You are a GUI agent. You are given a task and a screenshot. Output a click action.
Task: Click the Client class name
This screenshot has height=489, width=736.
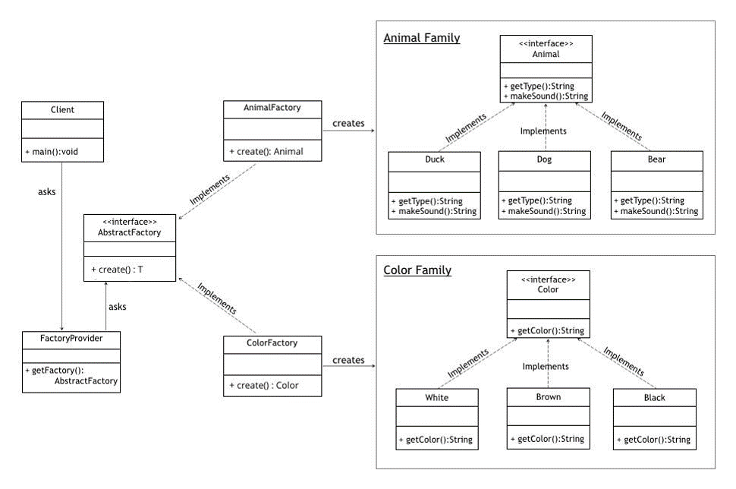click(x=61, y=110)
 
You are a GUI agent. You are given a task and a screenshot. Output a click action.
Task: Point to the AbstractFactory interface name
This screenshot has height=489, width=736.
click(x=130, y=232)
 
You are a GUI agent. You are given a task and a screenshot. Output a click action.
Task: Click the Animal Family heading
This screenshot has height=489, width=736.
click(x=422, y=38)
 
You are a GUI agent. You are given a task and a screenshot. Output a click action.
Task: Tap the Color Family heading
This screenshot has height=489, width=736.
click(x=417, y=270)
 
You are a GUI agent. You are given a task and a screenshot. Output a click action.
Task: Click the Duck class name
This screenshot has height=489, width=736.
click(x=434, y=160)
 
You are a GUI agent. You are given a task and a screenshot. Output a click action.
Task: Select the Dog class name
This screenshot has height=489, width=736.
click(x=544, y=160)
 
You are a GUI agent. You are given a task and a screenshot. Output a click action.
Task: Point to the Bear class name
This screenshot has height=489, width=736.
click(x=656, y=160)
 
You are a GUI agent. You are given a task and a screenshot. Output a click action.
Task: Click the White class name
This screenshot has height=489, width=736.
click(x=437, y=398)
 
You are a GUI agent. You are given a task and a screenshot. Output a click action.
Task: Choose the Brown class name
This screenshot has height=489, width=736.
click(x=548, y=396)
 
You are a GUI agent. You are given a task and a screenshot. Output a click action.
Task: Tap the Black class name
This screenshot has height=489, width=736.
click(x=654, y=398)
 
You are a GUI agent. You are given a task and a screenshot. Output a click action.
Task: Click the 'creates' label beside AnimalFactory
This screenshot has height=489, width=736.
click(x=348, y=123)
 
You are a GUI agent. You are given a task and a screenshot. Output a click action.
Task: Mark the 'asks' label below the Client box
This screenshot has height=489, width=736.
click(x=46, y=192)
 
